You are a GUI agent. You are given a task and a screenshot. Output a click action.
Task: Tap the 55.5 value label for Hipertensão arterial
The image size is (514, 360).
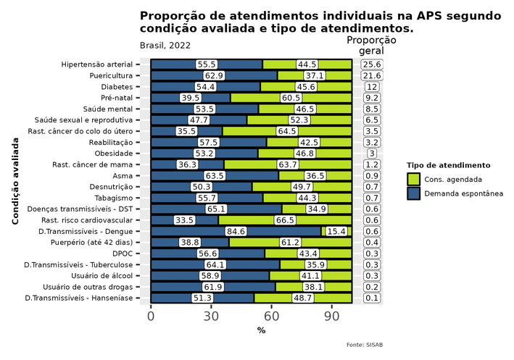207,64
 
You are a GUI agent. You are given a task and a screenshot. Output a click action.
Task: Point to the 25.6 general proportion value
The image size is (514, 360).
372,64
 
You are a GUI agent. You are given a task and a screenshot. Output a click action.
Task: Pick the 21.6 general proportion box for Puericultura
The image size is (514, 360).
372,76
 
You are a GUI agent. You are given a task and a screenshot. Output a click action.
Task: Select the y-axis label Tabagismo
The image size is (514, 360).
112,198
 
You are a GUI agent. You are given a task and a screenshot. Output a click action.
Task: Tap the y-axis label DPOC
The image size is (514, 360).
123,254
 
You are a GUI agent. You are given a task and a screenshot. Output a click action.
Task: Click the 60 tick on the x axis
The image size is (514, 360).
271,317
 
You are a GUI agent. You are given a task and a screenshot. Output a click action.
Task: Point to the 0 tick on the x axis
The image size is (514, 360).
151,317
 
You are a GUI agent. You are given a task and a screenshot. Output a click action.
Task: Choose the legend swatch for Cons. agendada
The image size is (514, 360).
414,179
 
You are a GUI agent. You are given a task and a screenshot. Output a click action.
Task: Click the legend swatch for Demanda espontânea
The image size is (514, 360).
414,193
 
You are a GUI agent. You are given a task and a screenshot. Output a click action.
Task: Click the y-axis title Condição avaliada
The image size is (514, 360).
15,187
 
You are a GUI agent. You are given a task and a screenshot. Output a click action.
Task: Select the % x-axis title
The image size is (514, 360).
261,331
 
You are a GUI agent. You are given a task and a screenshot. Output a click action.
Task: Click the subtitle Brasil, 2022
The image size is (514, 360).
165,46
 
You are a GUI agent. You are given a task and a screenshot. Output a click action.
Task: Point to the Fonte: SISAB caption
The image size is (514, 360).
364,345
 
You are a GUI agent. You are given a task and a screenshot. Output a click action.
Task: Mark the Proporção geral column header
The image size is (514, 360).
372,46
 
